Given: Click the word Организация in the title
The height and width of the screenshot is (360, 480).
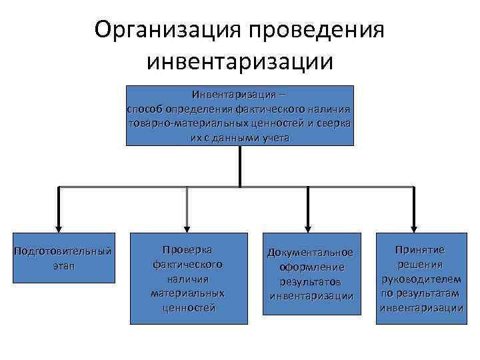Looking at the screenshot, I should (x=167, y=29).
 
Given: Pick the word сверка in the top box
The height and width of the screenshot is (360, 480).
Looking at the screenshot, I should (x=335, y=124).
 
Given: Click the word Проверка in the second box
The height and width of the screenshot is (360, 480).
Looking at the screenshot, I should (x=187, y=250).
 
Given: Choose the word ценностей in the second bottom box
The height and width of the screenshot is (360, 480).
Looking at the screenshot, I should (x=187, y=308).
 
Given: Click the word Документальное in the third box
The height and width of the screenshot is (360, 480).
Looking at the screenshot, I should (x=310, y=252).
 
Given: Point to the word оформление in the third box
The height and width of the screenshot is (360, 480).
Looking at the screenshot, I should (x=310, y=267).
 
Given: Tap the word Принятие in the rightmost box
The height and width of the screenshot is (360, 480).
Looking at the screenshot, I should (x=419, y=249).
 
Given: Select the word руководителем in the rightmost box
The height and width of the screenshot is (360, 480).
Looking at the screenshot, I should (x=419, y=279).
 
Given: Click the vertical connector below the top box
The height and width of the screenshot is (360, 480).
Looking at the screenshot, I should (x=240, y=165).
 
